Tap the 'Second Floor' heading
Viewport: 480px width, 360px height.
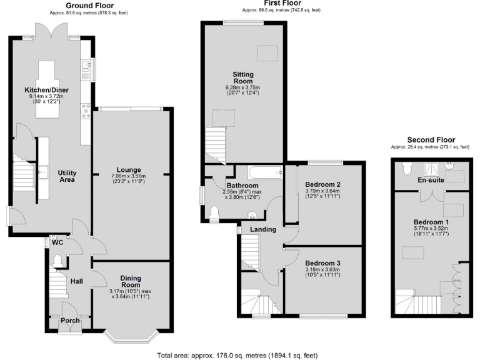point(431,139)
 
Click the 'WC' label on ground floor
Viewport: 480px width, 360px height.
point(57,242)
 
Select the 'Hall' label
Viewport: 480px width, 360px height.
point(76,282)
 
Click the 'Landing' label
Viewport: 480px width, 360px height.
point(263,229)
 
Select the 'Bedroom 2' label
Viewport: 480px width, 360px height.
point(322,184)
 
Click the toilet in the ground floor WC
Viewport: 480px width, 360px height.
point(57,259)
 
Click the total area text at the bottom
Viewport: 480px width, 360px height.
point(241,354)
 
